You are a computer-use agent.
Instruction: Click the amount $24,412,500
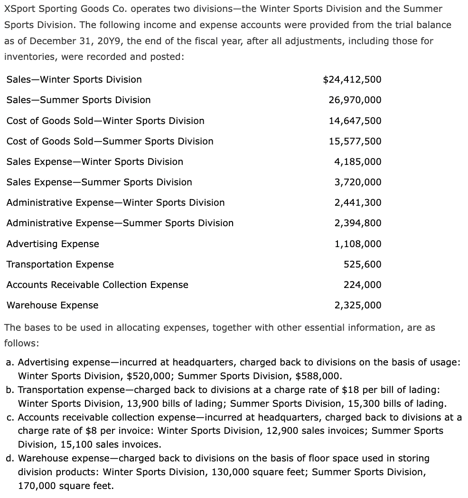[x=352, y=79]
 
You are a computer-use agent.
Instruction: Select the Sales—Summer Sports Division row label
[x=78, y=100]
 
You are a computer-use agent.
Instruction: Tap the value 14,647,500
[x=355, y=121]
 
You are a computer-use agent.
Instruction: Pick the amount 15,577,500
[x=355, y=141]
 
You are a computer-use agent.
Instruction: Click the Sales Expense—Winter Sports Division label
[x=94, y=162]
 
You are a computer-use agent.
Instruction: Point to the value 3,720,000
[x=357, y=182]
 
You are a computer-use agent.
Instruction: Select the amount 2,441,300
[x=357, y=202]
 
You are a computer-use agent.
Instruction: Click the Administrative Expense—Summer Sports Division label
[x=120, y=223]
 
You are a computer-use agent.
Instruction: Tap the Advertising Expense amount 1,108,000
[x=357, y=244]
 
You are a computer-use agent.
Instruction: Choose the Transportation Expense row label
[x=60, y=264]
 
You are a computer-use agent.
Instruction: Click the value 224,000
[x=362, y=285]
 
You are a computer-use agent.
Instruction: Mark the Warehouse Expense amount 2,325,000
[x=357, y=305]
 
